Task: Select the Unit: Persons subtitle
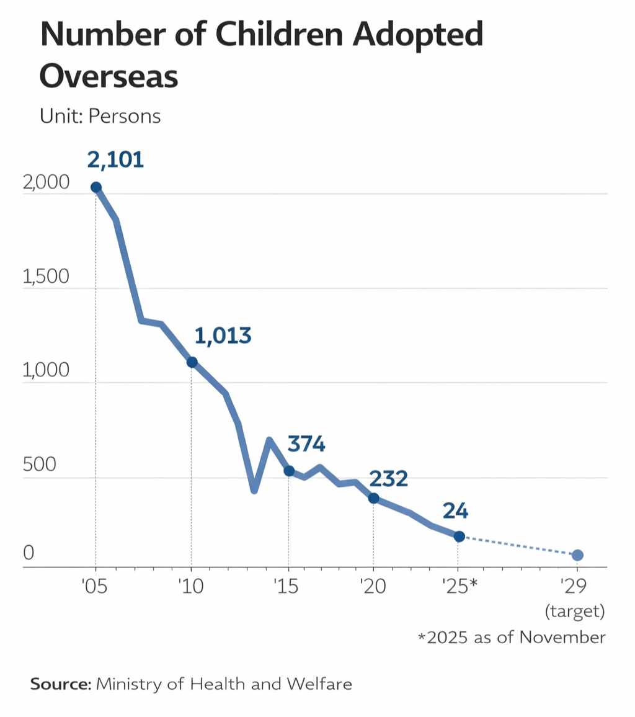(100, 116)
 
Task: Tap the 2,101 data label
(115, 160)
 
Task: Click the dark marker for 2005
(95, 187)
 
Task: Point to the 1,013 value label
(223, 336)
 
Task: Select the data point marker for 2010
(192, 362)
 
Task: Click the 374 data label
(306, 445)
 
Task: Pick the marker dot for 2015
(288, 471)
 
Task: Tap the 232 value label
(388, 479)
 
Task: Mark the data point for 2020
(373, 498)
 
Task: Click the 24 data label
(455, 512)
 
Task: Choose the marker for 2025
(459, 537)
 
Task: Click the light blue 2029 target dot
(577, 555)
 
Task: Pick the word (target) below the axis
(574, 612)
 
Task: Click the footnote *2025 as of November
(511, 638)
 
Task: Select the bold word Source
(60, 684)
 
